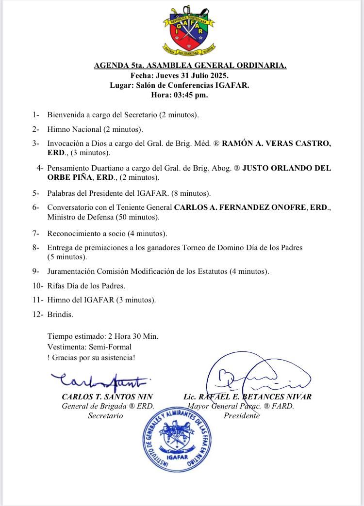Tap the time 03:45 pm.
(x=190, y=95)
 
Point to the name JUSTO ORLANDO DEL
(x=287, y=168)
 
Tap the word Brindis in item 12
(x=60, y=315)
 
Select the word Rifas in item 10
(x=56, y=285)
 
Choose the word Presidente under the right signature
(x=241, y=416)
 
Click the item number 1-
(x=36, y=115)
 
